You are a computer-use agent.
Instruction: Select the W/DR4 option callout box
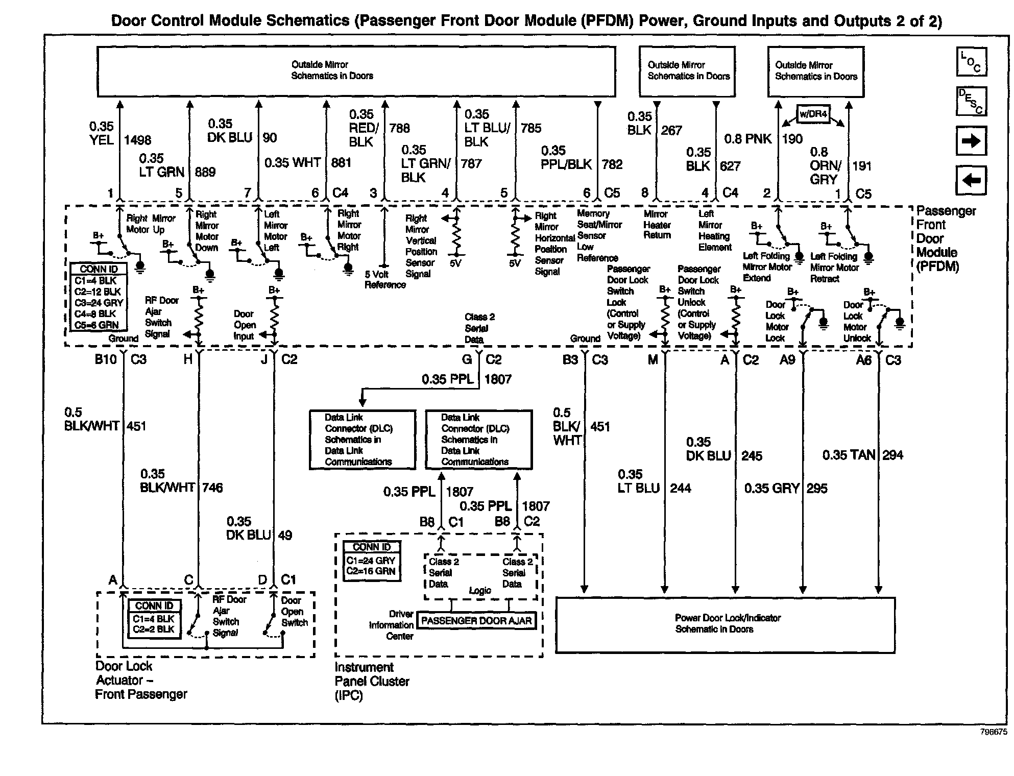coord(813,114)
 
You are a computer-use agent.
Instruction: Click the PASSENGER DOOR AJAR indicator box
coord(476,621)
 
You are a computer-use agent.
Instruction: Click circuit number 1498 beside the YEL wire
coord(137,140)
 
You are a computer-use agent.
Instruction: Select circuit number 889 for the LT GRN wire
coord(205,172)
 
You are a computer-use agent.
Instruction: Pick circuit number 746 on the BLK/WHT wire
coord(212,488)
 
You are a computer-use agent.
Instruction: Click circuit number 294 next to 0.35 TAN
coord(892,455)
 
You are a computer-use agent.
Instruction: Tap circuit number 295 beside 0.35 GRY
coord(817,488)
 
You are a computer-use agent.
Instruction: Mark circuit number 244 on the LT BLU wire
coord(680,488)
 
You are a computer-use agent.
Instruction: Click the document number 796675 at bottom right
coord(994,732)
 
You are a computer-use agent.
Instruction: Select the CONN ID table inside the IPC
coord(372,560)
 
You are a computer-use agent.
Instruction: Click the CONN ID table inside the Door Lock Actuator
coord(154,618)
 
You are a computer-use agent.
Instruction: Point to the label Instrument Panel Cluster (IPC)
coord(372,681)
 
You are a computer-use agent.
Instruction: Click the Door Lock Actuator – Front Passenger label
coord(141,680)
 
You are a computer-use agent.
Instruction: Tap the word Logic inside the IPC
coord(480,590)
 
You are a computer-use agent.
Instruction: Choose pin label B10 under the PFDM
coord(106,359)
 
